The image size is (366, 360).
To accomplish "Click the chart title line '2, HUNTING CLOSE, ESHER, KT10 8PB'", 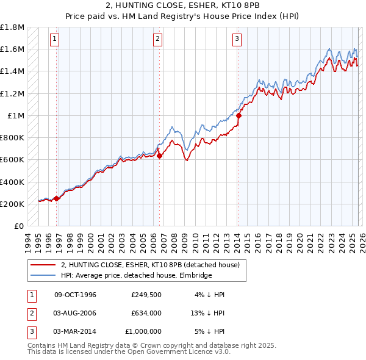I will [182, 5].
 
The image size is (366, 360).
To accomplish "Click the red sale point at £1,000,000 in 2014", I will [239, 115].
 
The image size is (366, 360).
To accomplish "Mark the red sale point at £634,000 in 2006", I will [159, 156].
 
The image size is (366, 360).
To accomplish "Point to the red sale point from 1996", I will [57, 198].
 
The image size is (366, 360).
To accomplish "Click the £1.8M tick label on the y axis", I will [12, 27].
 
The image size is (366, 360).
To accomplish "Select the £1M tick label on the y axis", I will [15, 115].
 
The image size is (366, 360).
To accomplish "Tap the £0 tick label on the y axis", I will [18, 226].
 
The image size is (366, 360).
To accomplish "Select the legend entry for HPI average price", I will [135, 275].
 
